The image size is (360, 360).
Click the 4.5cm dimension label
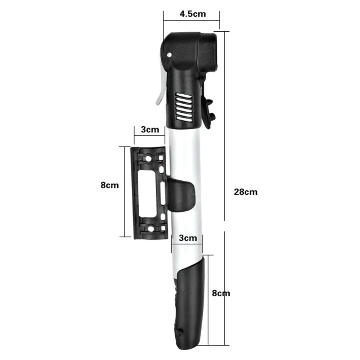tap(193, 14)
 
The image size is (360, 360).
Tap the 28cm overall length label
tap(246, 192)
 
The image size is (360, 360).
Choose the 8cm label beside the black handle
tap(221, 293)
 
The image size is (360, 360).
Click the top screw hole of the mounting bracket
tap(148, 158)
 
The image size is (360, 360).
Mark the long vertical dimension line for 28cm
tap(225, 126)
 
